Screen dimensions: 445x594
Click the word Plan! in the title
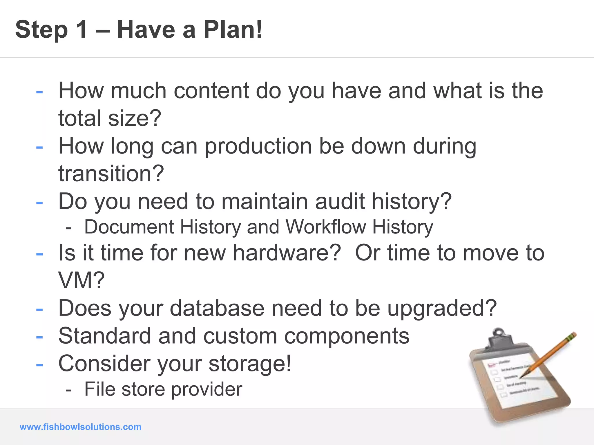click(x=233, y=30)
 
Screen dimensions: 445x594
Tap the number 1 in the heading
click(x=82, y=30)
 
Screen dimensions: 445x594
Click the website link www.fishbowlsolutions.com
click(x=80, y=427)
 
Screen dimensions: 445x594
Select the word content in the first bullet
click(x=211, y=91)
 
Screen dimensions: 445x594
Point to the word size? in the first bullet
click(x=135, y=118)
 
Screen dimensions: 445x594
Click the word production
click(x=258, y=146)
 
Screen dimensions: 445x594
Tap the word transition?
click(x=111, y=174)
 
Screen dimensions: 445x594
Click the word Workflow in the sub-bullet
click(x=325, y=227)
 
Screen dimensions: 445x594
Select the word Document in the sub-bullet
click(x=129, y=227)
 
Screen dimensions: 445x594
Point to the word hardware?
click(x=287, y=253)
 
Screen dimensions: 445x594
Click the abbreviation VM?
click(x=81, y=280)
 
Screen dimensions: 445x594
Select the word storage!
click(x=250, y=364)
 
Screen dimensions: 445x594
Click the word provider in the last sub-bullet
click(x=207, y=389)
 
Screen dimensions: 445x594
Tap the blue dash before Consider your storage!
click(x=39, y=364)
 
